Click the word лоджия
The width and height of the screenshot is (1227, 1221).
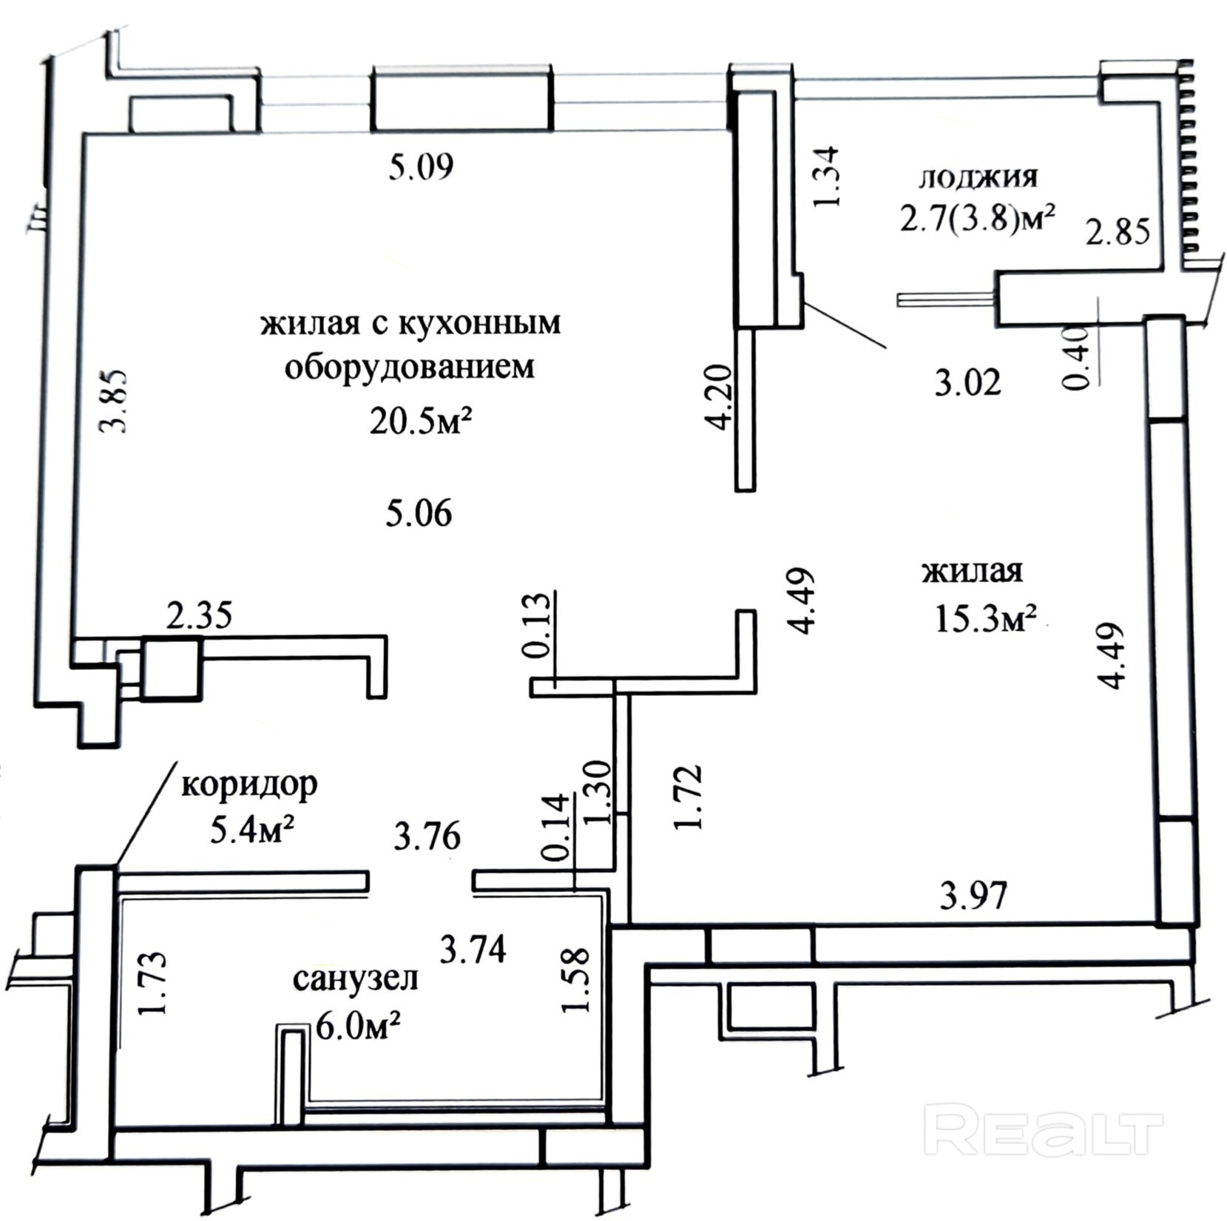[x=978, y=177]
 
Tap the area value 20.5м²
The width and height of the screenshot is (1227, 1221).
[x=421, y=422]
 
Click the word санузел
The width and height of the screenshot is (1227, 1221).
[x=356, y=978]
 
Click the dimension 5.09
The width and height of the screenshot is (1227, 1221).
[x=421, y=167]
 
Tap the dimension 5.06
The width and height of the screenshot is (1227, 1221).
[x=419, y=513]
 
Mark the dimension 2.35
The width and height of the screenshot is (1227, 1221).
[x=199, y=615]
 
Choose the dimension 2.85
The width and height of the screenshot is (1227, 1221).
[x=1118, y=231]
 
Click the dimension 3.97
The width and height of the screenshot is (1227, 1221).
[x=973, y=896]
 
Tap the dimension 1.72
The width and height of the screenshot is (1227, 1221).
[x=689, y=797]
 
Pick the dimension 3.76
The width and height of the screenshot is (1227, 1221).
[x=427, y=837]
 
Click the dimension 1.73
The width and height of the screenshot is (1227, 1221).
[x=153, y=984]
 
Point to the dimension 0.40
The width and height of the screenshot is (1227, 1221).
[x=1076, y=358]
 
